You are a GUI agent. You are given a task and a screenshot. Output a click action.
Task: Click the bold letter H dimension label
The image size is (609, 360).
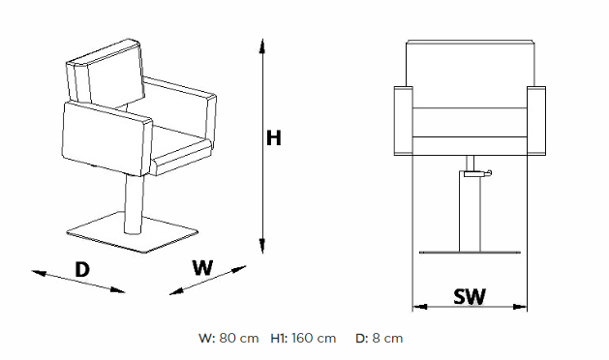273,138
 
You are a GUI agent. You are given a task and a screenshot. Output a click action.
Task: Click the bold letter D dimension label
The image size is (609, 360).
82,269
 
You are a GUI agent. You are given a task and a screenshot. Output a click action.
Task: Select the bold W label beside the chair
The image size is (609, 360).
202,267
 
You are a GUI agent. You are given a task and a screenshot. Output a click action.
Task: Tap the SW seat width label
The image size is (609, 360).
470,297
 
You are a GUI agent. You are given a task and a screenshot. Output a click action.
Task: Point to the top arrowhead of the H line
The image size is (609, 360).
262,45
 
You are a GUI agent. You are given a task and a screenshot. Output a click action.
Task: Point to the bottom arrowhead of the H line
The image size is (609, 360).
262,246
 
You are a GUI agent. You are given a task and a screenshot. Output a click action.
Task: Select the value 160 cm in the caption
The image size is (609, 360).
314,339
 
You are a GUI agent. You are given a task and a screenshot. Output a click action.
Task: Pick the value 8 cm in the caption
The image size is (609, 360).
387,339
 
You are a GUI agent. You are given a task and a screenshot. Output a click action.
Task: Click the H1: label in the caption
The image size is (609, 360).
279,339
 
